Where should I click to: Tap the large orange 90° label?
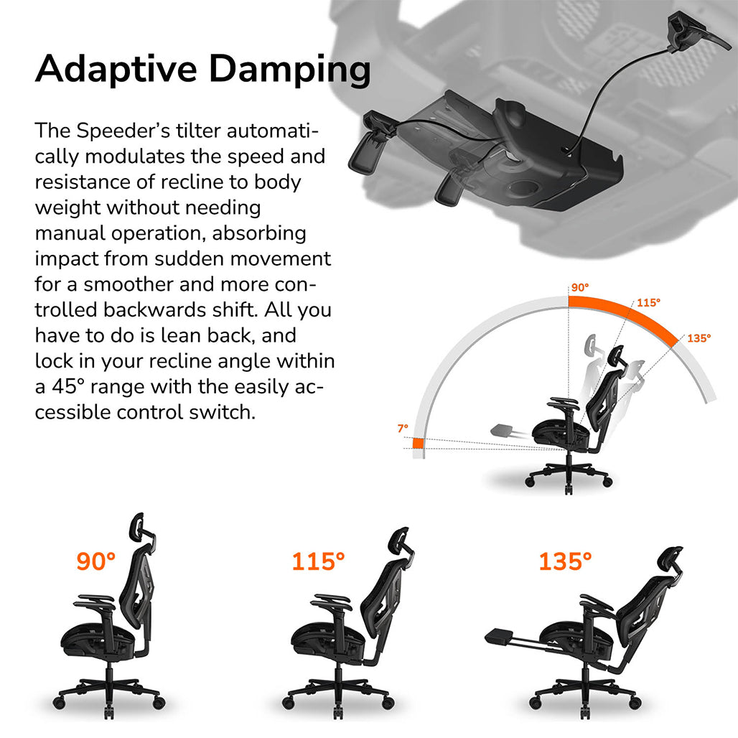tap(95, 561)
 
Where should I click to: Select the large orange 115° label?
tap(318, 561)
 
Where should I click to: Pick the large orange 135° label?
tap(565, 561)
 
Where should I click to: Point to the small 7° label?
tap(403, 428)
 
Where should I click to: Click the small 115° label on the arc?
tap(648, 303)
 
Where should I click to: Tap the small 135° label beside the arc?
tap(699, 338)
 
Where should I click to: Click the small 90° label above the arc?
tap(579, 287)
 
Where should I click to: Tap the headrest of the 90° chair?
tap(139, 528)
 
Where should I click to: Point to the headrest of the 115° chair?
tap(398, 541)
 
